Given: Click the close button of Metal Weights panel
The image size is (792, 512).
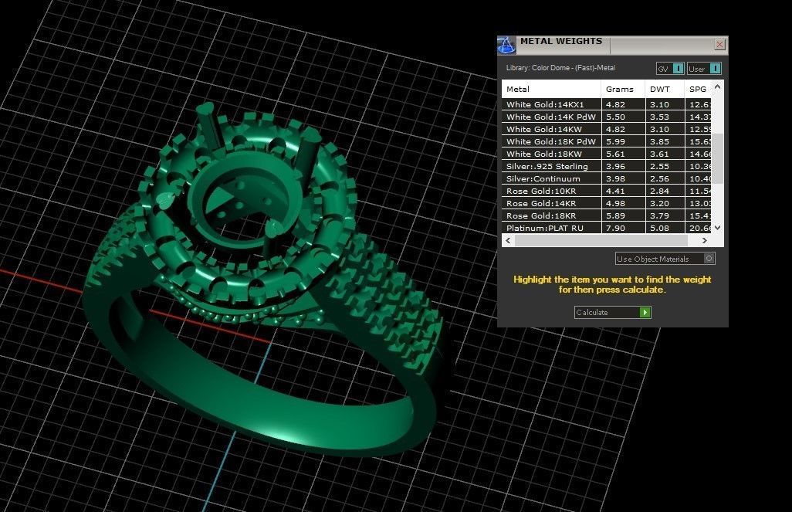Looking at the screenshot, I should point(719,45).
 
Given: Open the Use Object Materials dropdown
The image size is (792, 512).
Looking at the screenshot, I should point(665,259).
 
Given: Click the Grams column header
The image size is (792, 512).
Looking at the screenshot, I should point(619,90).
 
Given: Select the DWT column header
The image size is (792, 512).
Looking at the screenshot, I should point(660,90).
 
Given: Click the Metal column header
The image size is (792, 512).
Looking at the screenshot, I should point(518,90).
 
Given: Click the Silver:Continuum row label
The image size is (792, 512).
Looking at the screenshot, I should point(543,178).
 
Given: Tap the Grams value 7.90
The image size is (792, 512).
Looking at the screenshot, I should point(615,228).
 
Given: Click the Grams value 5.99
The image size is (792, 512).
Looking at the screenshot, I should point(615,141).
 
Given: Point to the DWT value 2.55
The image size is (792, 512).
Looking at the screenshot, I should point(659,166).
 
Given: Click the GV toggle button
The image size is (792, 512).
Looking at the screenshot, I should point(669,69).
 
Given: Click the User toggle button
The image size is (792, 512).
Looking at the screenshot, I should point(704,69).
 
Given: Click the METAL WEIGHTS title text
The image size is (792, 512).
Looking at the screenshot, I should point(560,42).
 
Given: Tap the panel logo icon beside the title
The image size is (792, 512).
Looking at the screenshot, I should point(506,45).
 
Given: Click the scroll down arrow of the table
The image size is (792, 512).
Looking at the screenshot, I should point(717,228).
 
